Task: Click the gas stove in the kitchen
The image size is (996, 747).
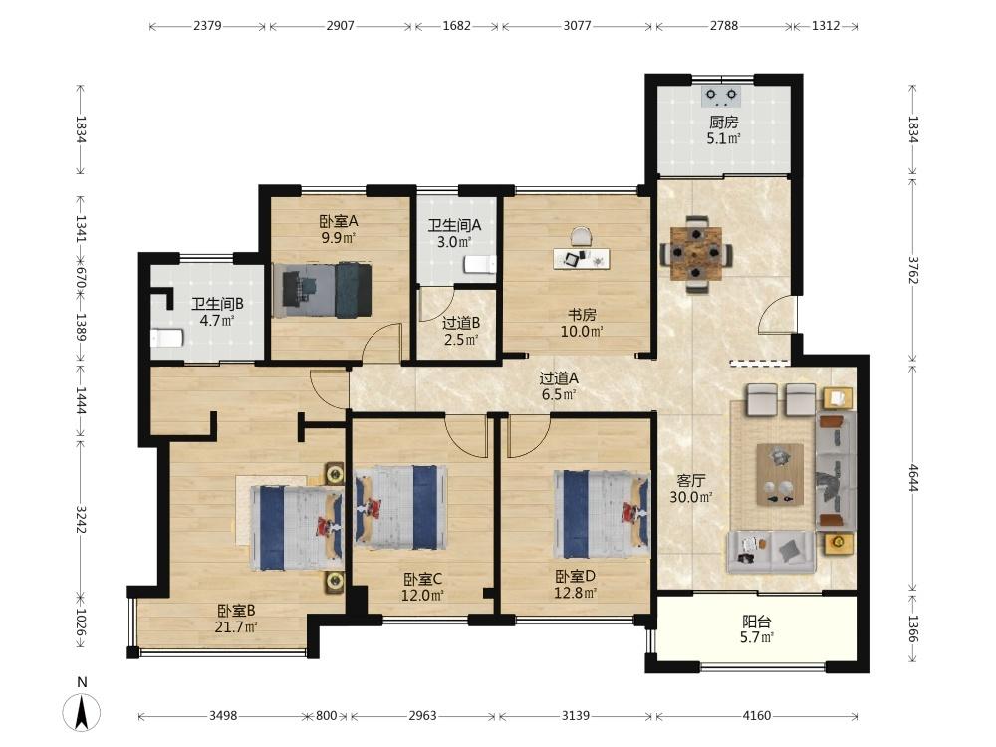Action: [721, 96]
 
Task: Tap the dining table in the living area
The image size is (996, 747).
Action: [697, 253]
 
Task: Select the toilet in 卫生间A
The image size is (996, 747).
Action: [480, 264]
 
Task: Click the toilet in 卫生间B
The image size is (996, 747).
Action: [167, 338]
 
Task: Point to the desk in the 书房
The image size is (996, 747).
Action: [582, 258]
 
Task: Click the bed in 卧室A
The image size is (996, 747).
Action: [322, 290]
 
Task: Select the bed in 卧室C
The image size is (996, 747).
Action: [400, 508]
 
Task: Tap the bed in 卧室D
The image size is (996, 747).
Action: [602, 514]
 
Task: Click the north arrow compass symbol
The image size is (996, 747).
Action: [82, 711]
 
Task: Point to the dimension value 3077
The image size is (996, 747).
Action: [577, 26]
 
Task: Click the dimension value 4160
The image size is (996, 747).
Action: [756, 716]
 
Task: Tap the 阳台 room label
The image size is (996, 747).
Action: [756, 622]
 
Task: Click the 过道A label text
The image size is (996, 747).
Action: [559, 378]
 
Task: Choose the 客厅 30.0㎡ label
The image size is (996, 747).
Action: [690, 489]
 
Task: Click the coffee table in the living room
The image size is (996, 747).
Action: [780, 474]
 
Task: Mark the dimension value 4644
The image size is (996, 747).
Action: [913, 478]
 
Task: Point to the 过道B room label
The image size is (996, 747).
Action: [461, 324]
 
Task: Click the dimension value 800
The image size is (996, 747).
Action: [326, 716]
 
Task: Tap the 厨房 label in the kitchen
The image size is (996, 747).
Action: [723, 122]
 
